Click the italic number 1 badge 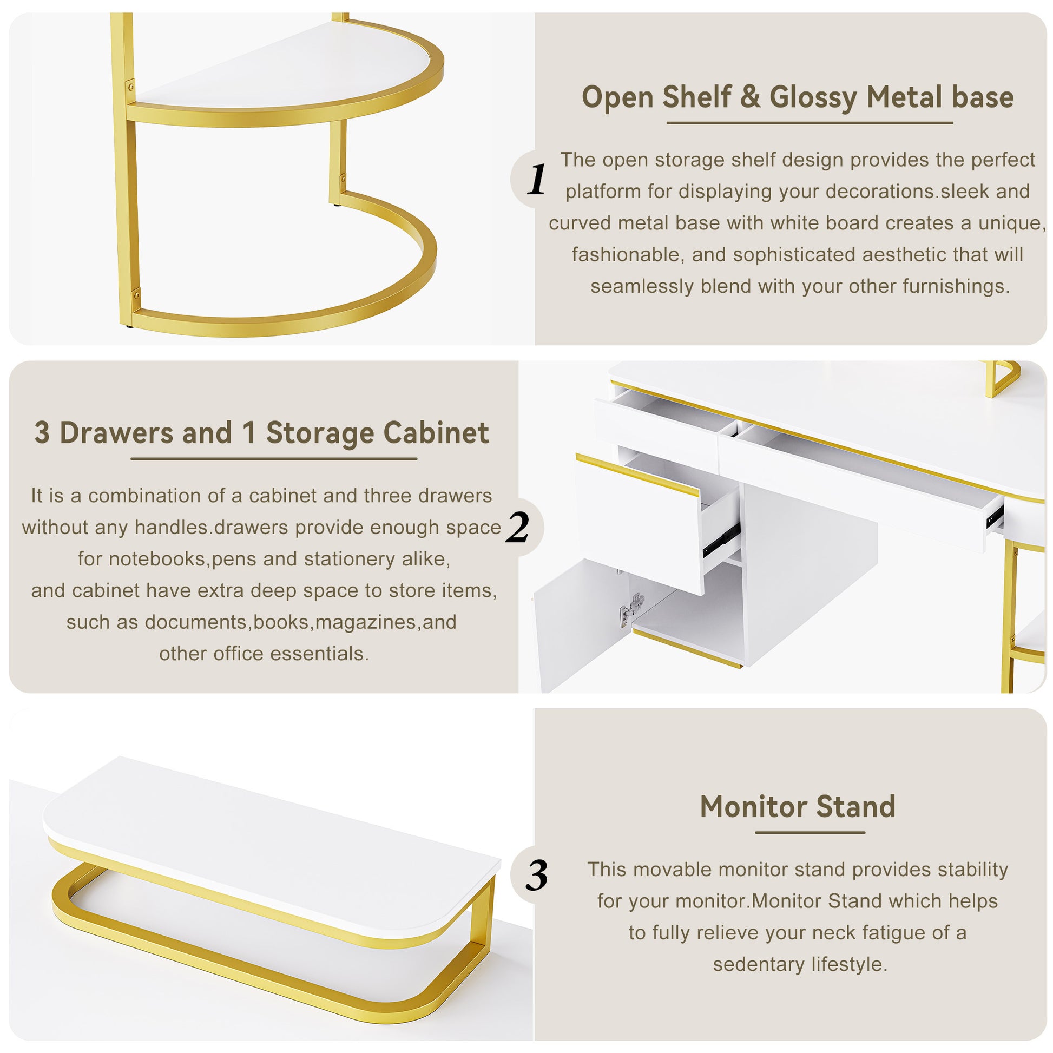pyautogui.click(x=536, y=179)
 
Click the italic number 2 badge pyautogui.click(x=517, y=527)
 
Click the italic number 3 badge pyautogui.click(x=536, y=876)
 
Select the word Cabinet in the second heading pyautogui.click(x=436, y=433)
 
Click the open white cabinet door pyautogui.click(x=578, y=627)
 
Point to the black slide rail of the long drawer pyautogui.click(x=995, y=515)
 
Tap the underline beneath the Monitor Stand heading pyautogui.click(x=810, y=832)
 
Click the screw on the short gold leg pyautogui.click(x=344, y=177)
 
